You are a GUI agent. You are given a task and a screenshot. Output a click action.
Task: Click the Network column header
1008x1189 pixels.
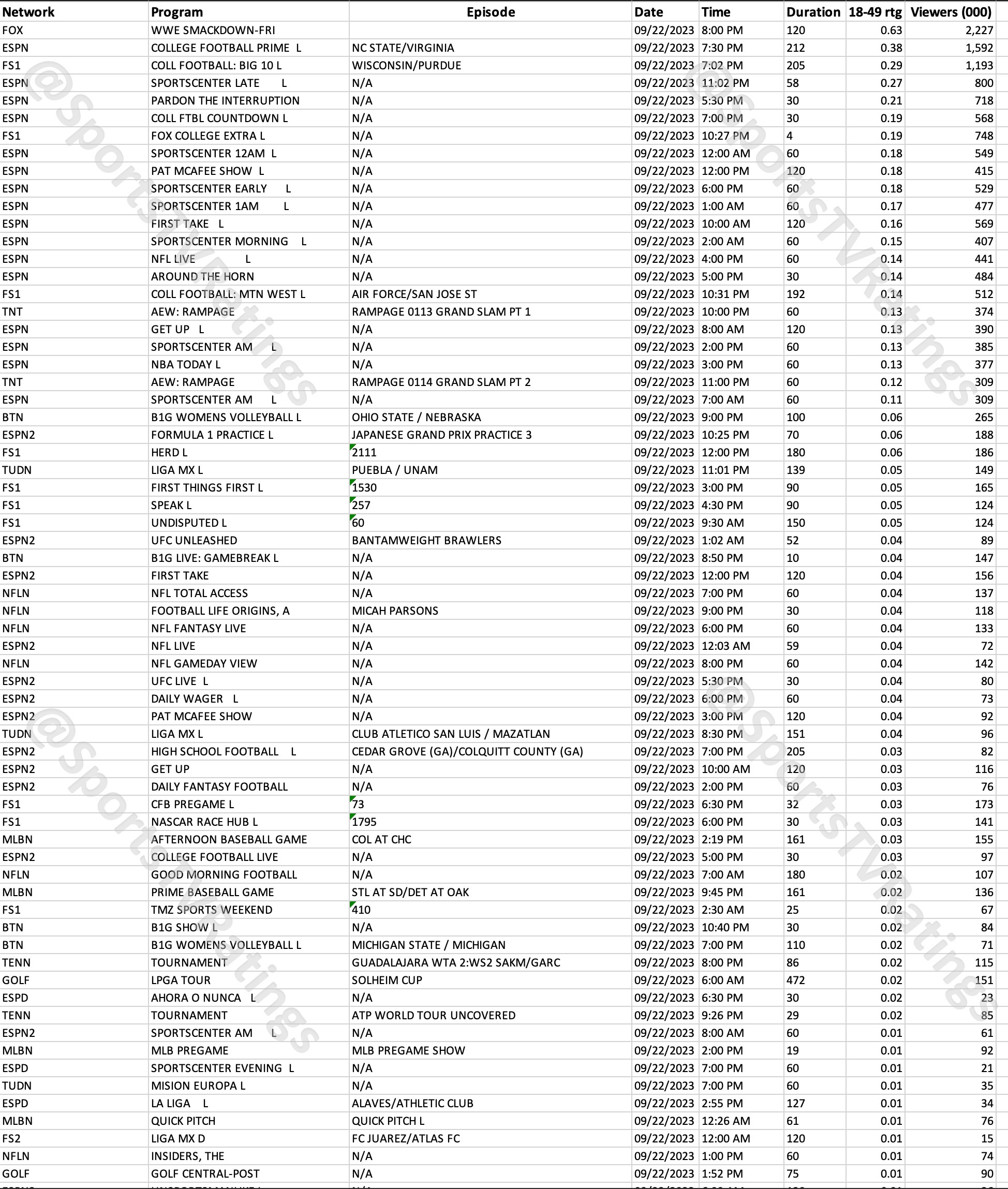[x=28, y=12]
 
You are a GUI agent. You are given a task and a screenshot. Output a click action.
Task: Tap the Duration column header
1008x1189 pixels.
[x=812, y=12]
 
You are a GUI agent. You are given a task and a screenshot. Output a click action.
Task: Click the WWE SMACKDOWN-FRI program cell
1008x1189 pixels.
[x=213, y=31]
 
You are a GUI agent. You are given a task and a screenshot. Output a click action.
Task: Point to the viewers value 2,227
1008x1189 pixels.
[x=979, y=31]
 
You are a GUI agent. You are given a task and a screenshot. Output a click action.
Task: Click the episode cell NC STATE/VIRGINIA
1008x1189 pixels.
[x=403, y=48]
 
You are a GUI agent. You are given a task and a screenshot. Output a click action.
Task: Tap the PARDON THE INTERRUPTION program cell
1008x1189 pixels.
[x=225, y=100]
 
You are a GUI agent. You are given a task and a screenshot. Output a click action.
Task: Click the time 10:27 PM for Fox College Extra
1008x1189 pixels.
[x=724, y=136]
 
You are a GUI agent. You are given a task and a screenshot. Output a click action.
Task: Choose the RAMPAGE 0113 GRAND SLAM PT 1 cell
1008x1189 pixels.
[x=440, y=312]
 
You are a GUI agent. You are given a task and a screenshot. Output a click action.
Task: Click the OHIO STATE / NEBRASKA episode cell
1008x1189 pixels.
[x=416, y=418]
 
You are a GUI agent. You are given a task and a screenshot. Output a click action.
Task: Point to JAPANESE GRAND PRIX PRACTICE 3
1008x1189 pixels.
[x=441, y=435]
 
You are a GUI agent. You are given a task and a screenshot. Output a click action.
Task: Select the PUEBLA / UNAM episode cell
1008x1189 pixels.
[x=394, y=470]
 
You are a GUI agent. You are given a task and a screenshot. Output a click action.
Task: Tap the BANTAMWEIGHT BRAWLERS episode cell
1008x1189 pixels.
[x=426, y=541]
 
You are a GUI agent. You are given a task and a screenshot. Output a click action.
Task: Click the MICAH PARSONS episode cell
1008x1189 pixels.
[x=395, y=611]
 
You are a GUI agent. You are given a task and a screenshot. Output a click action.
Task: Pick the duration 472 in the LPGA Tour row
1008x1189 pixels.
[x=795, y=980]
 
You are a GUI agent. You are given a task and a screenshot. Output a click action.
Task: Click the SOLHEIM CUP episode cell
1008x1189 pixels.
[x=387, y=980]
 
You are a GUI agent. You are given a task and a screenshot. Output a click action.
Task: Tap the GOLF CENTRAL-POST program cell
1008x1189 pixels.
[x=205, y=1173]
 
